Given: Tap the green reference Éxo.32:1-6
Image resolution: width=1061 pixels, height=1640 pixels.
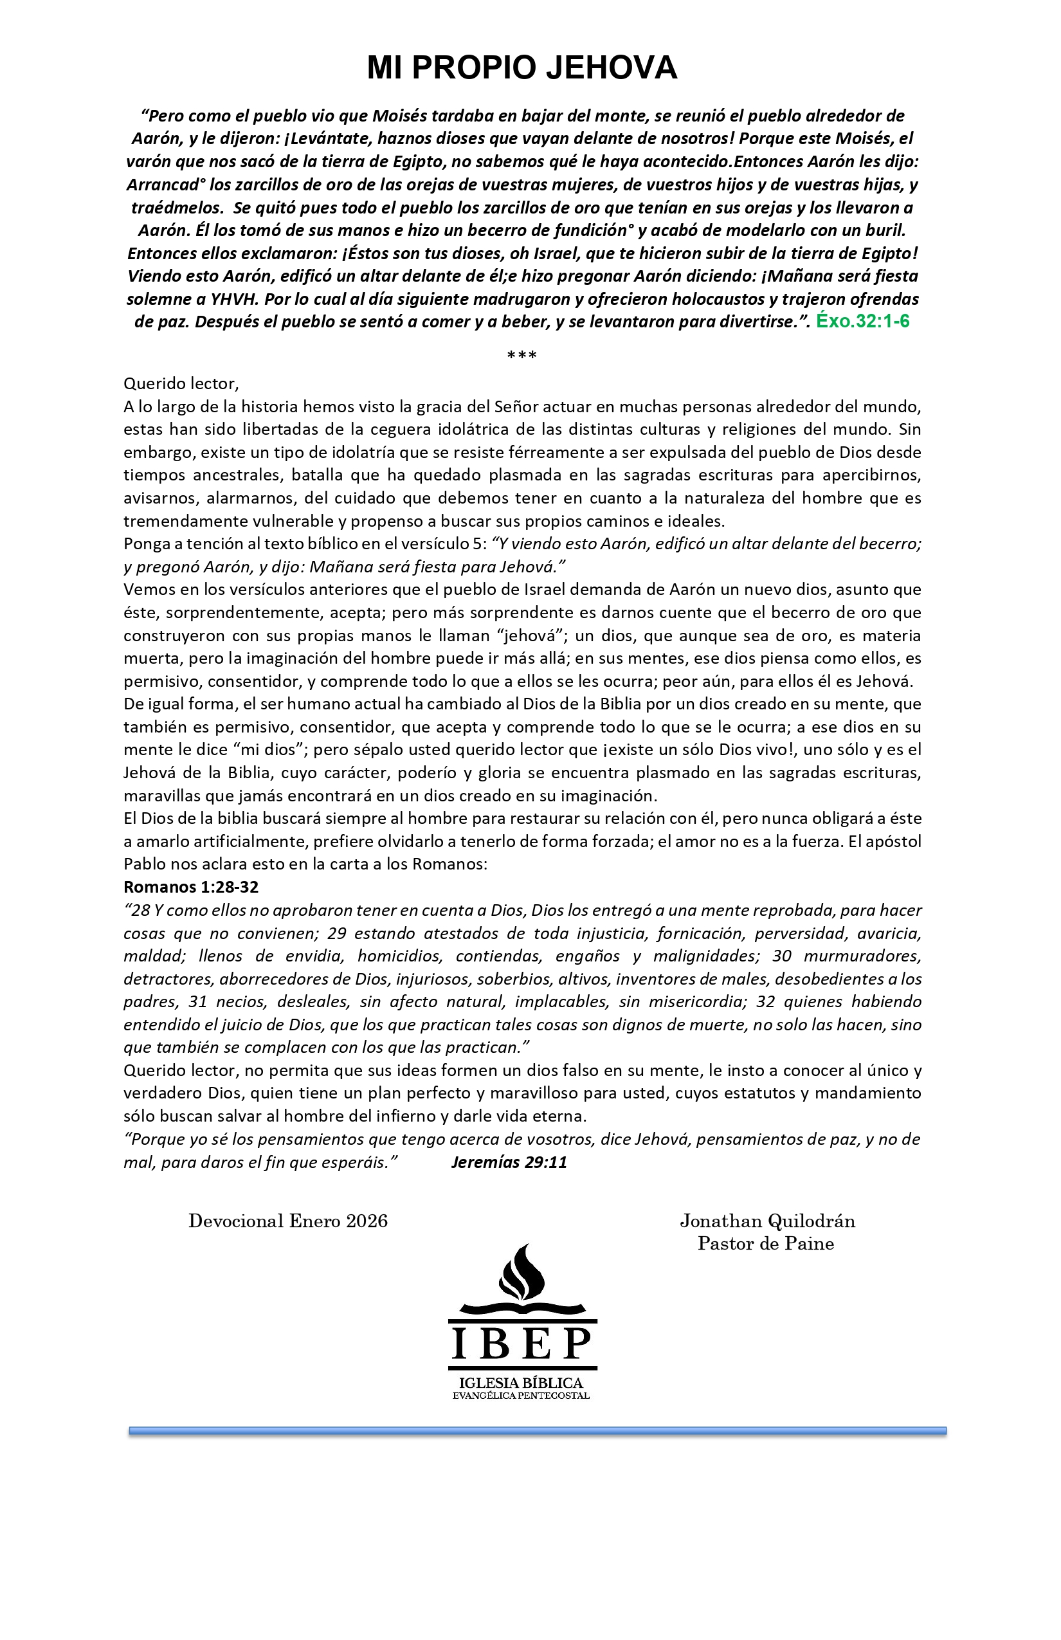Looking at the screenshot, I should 862,321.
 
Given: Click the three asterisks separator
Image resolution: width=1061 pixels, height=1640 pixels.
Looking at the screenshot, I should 521,356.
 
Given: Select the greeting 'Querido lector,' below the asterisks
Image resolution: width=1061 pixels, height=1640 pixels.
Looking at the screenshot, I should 181,384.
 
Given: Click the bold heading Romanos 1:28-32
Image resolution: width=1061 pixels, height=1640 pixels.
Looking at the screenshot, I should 191,887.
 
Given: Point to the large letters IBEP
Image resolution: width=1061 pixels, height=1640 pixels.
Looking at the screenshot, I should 521,1343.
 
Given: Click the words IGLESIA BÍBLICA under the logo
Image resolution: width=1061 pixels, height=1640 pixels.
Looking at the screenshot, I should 521,1383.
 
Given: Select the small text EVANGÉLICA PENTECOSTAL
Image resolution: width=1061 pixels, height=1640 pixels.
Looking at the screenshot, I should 521,1396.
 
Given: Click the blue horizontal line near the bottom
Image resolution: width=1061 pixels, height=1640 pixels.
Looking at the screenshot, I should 538,1431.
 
